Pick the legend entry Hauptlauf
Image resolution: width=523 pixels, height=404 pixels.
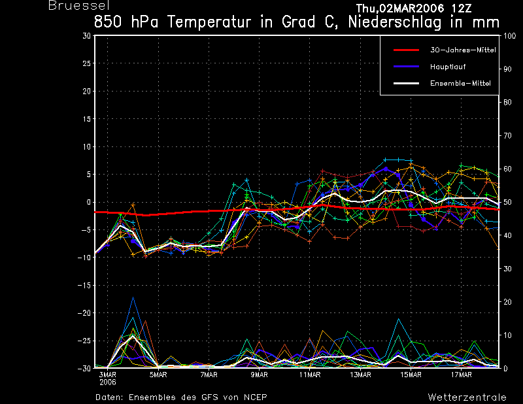click(448, 67)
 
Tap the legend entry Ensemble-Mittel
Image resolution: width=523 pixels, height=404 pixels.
click(460, 83)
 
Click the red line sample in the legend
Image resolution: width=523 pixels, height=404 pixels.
click(406, 50)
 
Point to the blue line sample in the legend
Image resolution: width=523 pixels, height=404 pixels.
click(406, 67)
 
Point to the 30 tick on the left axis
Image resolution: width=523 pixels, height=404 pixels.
click(87, 36)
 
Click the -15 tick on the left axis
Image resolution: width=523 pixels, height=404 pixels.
click(84, 286)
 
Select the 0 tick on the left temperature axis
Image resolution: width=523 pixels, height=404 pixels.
click(88, 202)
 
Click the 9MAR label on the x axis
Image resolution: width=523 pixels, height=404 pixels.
click(260, 375)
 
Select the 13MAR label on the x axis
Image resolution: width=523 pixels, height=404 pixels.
click(360, 375)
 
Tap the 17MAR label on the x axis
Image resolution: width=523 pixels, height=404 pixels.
click(462, 375)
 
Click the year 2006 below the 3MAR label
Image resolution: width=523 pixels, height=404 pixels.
click(108, 383)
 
